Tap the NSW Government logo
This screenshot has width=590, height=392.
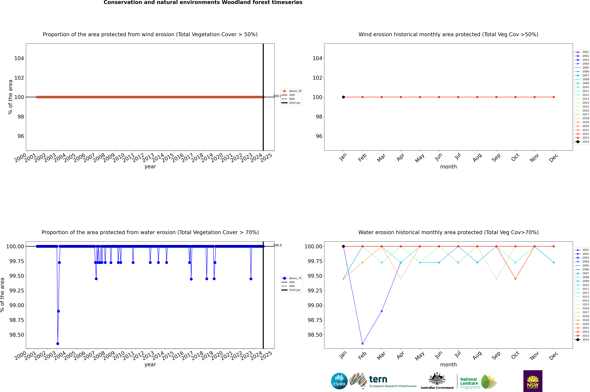[x=533, y=381]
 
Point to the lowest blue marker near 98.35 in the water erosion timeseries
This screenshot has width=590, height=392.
[x=58, y=343]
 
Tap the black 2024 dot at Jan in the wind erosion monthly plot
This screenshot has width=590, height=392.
[x=343, y=97]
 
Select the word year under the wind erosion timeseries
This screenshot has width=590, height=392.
[x=150, y=167]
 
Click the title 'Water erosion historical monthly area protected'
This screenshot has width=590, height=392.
[x=448, y=232]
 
